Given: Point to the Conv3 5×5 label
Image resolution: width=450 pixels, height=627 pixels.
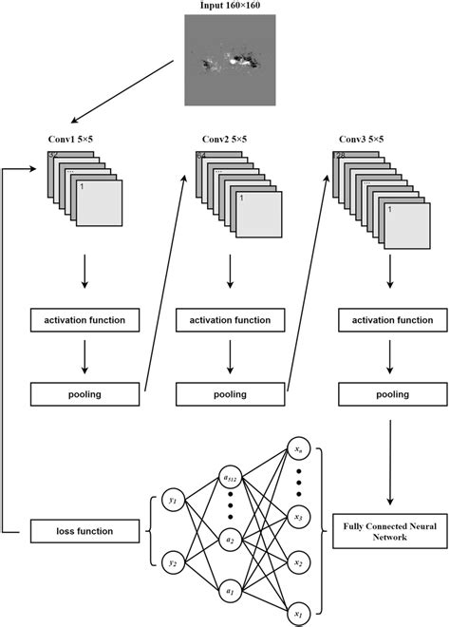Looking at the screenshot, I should point(362,140).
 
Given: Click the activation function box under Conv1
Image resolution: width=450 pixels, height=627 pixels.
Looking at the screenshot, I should point(85,321).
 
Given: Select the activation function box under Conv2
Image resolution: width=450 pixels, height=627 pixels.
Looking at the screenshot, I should point(231,321).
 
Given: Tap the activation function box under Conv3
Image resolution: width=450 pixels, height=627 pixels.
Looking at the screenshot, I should point(390,321).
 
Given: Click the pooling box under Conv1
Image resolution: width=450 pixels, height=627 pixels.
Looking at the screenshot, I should point(85,393).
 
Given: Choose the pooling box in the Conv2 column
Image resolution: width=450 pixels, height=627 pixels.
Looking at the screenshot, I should point(231,393).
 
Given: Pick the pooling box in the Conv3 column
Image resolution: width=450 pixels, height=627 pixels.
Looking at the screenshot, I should point(390,393).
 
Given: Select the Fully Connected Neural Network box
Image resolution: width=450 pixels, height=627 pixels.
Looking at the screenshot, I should point(390,529).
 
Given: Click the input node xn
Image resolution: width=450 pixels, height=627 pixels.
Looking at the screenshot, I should point(298,448).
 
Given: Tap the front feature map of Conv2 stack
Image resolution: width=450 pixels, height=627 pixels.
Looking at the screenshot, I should point(257,212).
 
